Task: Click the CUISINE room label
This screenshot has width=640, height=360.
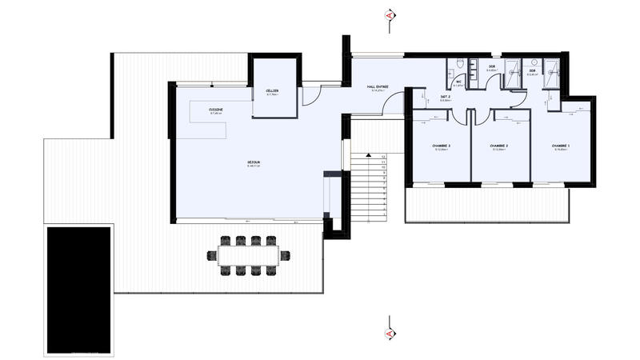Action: click(216, 110)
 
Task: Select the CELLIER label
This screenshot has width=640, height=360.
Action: click(273, 92)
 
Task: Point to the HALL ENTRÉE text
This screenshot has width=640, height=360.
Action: click(378, 88)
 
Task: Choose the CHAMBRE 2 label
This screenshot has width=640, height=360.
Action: click(501, 146)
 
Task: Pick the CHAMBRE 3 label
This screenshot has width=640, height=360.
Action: click(441, 146)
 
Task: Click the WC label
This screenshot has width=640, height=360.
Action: click(459, 81)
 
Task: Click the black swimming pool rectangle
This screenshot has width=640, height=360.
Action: click(78, 290)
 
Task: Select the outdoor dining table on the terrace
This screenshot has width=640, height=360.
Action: click(248, 255)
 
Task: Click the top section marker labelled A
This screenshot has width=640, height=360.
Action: click(390, 15)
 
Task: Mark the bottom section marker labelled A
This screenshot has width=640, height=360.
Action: click(390, 332)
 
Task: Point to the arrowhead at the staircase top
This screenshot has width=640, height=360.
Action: click(365, 153)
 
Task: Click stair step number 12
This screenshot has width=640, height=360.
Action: click(384, 157)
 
